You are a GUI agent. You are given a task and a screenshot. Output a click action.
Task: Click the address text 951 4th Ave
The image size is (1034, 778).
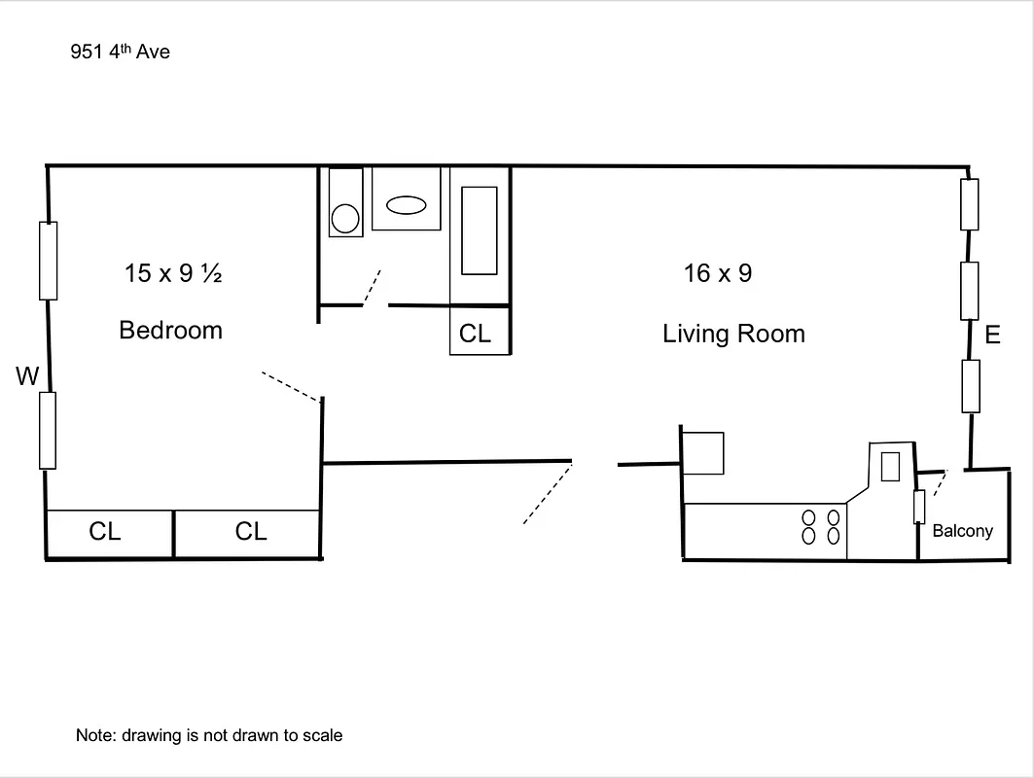click(120, 52)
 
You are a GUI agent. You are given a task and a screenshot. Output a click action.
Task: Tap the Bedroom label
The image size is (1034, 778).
click(170, 331)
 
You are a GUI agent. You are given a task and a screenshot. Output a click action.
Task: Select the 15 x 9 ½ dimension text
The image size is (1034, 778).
click(173, 273)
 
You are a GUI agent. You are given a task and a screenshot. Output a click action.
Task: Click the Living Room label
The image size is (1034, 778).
click(733, 334)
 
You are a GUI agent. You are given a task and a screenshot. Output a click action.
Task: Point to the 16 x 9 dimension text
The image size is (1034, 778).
click(717, 273)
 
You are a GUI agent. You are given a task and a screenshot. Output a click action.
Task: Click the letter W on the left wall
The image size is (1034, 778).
click(26, 376)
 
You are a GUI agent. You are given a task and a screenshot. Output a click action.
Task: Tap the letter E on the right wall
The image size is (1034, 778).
click(992, 336)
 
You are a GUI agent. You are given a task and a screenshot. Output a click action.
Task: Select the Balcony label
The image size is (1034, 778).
click(962, 531)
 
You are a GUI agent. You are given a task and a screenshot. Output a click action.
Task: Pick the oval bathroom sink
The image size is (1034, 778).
click(406, 205)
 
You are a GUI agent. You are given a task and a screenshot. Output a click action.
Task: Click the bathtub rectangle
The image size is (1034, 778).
click(479, 230)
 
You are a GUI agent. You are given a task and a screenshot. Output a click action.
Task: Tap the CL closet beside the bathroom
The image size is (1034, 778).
click(476, 334)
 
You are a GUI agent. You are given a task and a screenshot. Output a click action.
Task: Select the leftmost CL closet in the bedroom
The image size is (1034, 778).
click(105, 532)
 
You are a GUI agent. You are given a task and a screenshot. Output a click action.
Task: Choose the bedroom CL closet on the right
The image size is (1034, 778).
click(251, 532)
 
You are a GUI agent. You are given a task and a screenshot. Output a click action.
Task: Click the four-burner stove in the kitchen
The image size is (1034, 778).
click(820, 526)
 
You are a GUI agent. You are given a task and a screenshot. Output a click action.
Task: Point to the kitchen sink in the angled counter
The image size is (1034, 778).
click(889, 467)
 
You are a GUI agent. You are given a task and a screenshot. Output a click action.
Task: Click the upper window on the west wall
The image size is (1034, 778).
click(48, 260)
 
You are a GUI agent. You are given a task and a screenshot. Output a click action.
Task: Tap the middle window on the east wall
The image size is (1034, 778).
click(969, 290)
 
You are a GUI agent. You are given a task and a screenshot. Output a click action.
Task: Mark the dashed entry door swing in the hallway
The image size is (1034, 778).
click(547, 494)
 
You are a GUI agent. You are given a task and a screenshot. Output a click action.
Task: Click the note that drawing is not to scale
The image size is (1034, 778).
click(209, 735)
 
